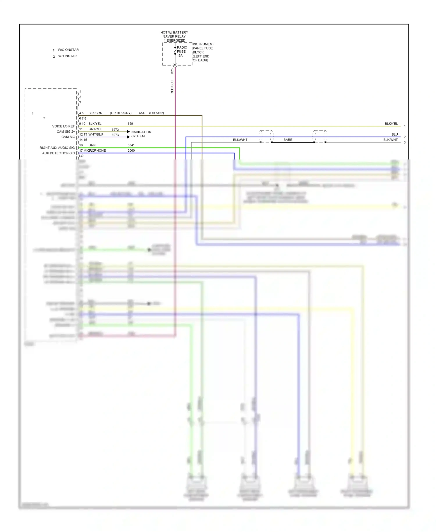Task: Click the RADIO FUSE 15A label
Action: click(x=182, y=52)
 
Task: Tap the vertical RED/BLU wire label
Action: click(x=172, y=87)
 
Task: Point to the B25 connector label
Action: click(x=172, y=71)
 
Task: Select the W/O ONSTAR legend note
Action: click(x=68, y=50)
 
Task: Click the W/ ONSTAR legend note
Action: click(x=67, y=56)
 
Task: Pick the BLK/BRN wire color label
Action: click(x=95, y=113)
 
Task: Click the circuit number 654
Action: click(x=142, y=113)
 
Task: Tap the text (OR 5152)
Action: click(x=156, y=113)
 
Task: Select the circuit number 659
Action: click(x=130, y=124)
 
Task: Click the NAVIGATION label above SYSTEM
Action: click(x=141, y=132)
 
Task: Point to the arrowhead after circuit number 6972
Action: click(x=128, y=132)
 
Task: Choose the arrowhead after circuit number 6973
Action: click(x=128, y=137)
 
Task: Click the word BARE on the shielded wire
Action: click(x=288, y=140)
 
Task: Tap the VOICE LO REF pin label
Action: click(x=63, y=126)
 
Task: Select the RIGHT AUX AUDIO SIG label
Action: click(x=57, y=148)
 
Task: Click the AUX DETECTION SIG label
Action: click(x=58, y=153)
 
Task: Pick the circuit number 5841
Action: click(x=131, y=145)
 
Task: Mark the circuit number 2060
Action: click(x=131, y=150)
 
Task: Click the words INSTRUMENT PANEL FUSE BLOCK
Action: click(x=203, y=48)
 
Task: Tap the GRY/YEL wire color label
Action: click(x=95, y=129)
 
